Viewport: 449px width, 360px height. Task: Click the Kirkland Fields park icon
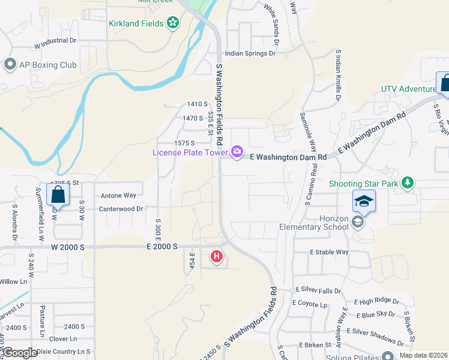(x=173, y=23)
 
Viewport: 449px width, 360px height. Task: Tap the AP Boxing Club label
(x=47, y=65)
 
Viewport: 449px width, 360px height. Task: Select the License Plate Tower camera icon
(x=237, y=151)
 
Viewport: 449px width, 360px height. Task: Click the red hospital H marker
(x=217, y=257)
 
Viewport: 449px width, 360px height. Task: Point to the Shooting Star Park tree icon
(x=408, y=182)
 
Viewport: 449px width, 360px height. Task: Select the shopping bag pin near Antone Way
(x=58, y=194)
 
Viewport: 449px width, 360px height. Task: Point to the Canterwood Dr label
(x=122, y=209)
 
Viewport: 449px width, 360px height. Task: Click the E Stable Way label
(x=329, y=252)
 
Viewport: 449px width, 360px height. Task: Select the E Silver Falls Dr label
(x=318, y=290)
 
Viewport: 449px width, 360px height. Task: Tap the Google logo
(x=20, y=353)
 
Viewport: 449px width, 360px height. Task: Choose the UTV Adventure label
(x=408, y=89)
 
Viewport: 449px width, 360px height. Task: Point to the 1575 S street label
(x=184, y=143)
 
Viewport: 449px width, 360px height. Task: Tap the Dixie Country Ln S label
(x=62, y=351)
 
